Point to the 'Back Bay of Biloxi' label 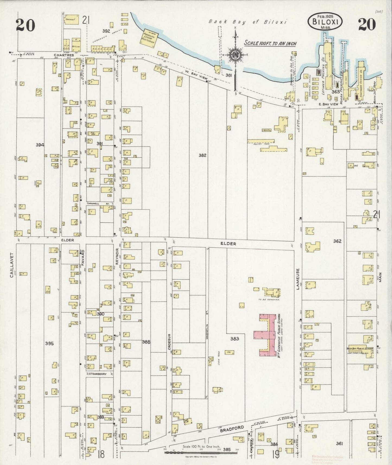(248, 22)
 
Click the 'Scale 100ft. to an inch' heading (270, 43)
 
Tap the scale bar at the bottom (201, 452)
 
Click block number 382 (202, 155)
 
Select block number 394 (40, 145)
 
